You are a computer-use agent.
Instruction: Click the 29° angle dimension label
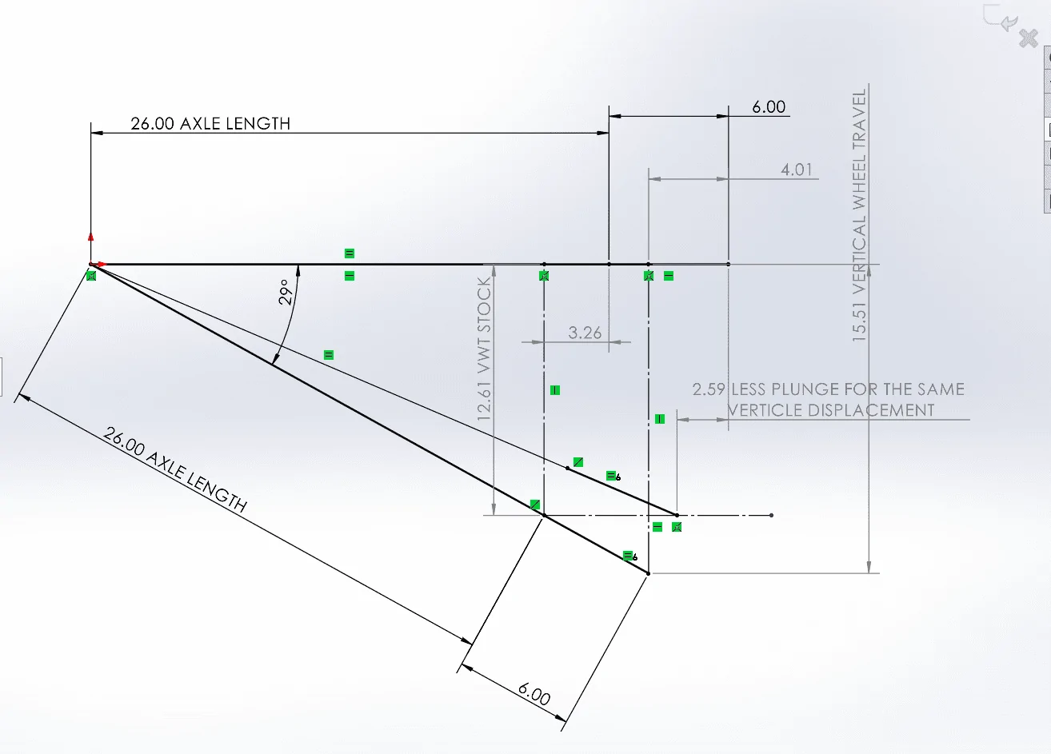click(x=286, y=292)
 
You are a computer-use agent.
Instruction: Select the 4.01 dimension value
click(x=796, y=170)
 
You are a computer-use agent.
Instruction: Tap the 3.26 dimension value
click(x=585, y=333)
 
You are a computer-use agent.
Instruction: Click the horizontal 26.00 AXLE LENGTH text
click(x=210, y=123)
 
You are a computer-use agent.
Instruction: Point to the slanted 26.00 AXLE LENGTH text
click(x=174, y=469)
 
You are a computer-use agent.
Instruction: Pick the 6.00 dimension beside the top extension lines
click(x=769, y=106)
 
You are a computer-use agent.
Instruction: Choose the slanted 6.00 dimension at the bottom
click(x=534, y=694)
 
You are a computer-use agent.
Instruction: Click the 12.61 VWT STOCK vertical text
click(x=484, y=349)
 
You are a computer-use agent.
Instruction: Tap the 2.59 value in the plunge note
click(x=709, y=389)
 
